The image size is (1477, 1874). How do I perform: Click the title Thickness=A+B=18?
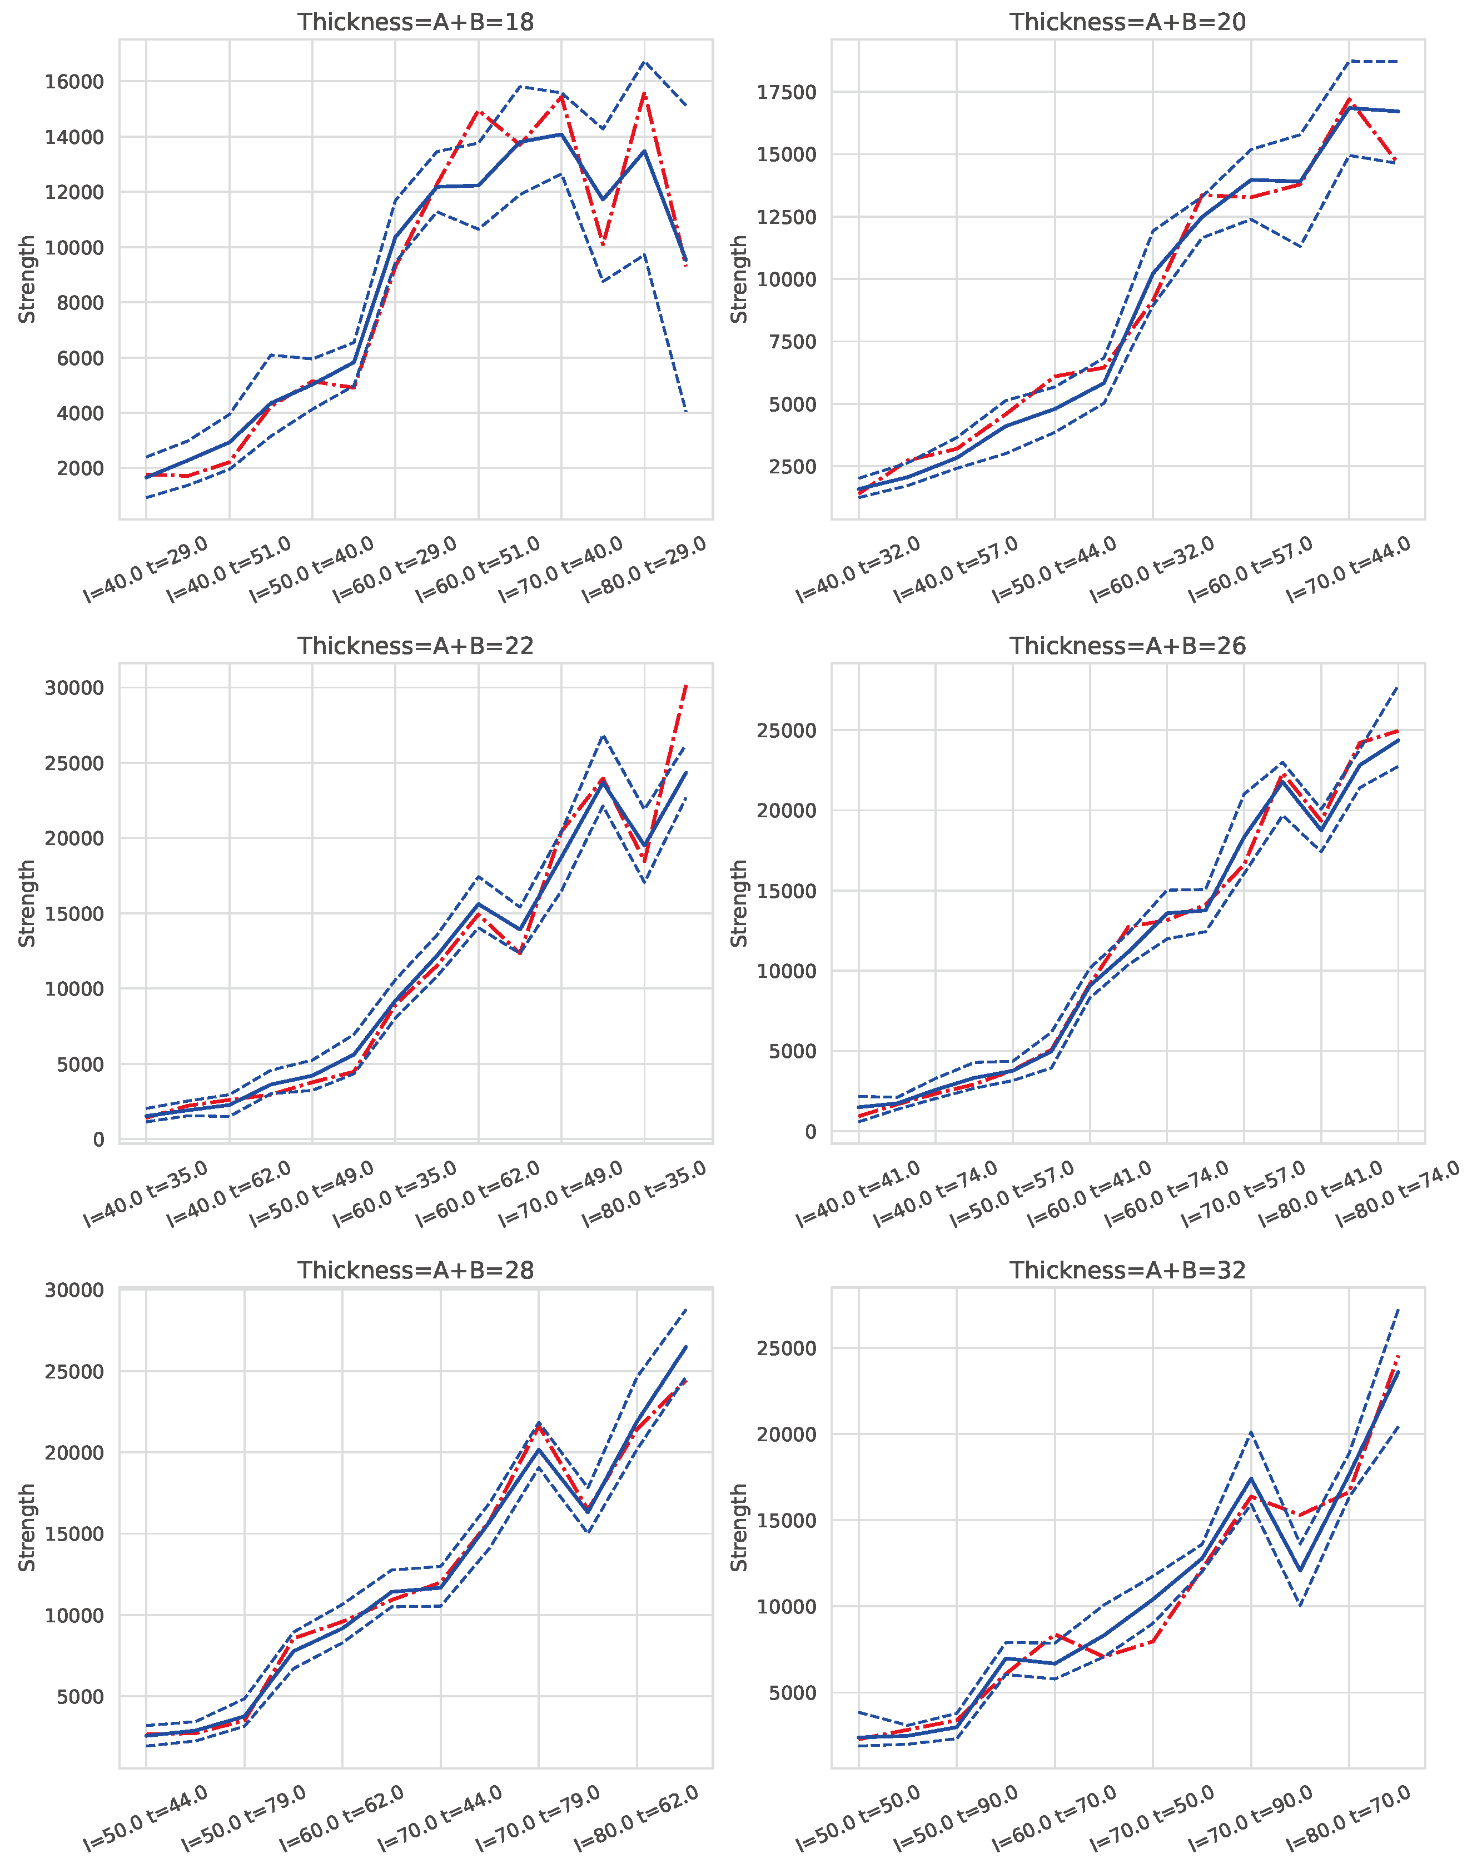(415, 22)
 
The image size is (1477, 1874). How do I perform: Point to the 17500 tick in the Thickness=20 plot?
(786, 92)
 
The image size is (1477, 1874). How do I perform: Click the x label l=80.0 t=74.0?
(1399, 1195)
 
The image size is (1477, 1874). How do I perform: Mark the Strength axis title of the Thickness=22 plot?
(28, 903)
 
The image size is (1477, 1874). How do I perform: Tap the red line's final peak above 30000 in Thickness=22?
(686, 684)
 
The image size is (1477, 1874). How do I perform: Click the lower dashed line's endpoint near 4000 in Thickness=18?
(686, 412)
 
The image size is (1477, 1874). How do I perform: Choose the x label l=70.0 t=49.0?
(562, 1195)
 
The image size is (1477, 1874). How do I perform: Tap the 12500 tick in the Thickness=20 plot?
(786, 217)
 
